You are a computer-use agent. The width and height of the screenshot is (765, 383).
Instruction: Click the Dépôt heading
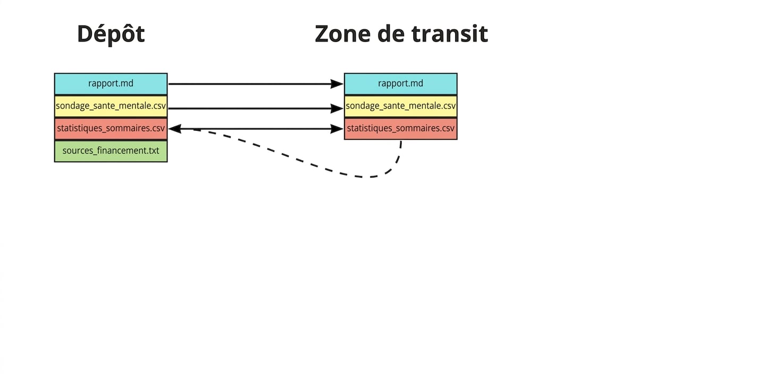(111, 34)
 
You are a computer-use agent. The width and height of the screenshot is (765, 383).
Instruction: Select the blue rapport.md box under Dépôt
(111, 84)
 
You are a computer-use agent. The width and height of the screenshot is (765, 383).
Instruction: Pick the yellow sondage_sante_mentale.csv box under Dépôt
(111, 106)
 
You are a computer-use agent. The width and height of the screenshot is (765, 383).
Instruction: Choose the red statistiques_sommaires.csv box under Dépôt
(111, 129)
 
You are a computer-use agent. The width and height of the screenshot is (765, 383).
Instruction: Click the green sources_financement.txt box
(111, 151)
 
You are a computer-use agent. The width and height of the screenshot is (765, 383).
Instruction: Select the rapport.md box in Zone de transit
(401, 84)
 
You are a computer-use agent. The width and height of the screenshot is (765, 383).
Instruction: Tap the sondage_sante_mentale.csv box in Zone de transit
(401, 106)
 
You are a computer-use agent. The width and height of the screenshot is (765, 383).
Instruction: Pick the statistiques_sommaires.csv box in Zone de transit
(401, 129)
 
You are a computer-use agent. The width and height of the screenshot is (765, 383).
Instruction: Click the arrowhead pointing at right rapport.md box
(337, 84)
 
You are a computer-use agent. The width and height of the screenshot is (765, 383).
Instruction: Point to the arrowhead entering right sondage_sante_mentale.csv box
(337, 109)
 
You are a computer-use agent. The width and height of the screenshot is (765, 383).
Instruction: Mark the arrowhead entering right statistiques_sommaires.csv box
(337, 129)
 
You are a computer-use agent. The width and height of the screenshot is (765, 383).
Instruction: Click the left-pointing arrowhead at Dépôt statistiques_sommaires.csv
(175, 129)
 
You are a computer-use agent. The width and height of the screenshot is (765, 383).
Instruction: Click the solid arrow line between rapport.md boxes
(256, 84)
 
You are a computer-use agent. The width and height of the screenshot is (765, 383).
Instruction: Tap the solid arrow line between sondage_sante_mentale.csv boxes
(256, 109)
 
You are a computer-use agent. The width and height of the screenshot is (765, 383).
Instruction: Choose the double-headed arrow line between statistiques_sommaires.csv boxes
(256, 129)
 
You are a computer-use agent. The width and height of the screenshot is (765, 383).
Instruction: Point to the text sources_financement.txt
(111, 151)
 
